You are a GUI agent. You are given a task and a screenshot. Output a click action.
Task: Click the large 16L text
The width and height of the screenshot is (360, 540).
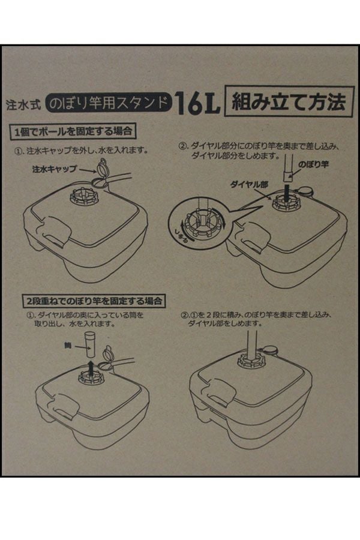coord(197,103)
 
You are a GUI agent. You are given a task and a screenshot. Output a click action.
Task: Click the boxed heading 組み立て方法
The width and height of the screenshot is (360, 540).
coord(289,102)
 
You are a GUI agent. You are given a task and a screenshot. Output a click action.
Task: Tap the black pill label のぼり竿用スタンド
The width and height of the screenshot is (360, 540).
coord(109,103)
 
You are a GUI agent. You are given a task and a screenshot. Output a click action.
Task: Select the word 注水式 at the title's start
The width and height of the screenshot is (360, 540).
coord(23,104)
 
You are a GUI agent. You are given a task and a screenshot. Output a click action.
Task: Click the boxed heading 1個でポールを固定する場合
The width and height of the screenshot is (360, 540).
coord(73,131)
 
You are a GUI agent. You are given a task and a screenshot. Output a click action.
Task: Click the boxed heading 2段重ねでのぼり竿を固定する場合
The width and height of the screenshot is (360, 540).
coord(94,301)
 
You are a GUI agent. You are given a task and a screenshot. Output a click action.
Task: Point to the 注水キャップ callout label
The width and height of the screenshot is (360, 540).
coord(54,169)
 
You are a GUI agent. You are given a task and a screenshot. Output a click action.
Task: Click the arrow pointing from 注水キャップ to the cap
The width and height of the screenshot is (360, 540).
coord(88,170)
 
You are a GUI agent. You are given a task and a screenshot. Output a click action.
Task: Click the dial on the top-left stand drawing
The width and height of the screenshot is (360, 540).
coord(85,197)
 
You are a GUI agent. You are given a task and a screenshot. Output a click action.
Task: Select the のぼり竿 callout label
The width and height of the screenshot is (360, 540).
coord(313,164)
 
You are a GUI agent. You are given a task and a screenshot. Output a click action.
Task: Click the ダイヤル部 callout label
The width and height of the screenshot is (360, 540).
coord(249,185)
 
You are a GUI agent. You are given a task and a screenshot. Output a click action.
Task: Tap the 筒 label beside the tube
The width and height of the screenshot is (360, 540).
coord(68,345)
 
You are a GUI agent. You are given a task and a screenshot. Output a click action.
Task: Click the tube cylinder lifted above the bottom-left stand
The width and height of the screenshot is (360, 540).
coord(90,345)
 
